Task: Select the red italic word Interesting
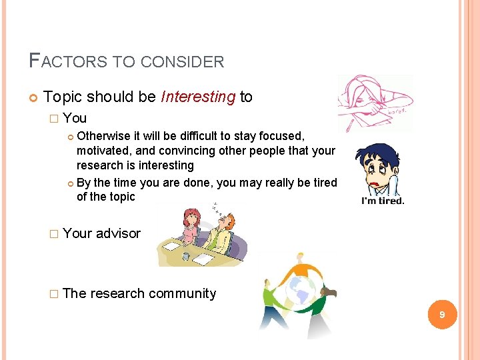coord(198,97)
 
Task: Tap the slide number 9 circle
coord(441,314)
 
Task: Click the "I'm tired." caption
coord(383,199)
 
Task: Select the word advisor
coord(118,233)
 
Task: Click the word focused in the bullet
coord(283,136)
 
